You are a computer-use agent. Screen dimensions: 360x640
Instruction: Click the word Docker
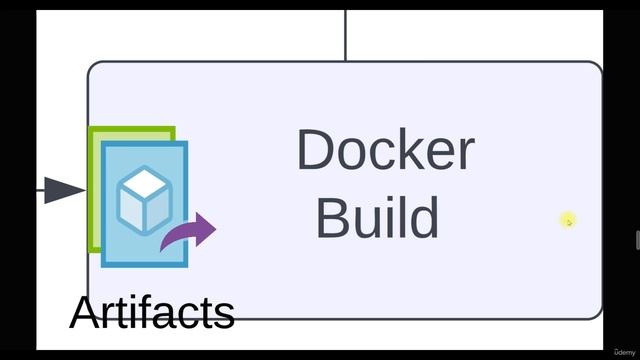coord(385,150)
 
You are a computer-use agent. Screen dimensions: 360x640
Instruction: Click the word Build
coord(377,217)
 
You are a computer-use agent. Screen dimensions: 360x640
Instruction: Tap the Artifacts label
coord(152,312)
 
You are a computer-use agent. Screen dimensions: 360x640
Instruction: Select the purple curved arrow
coord(189,233)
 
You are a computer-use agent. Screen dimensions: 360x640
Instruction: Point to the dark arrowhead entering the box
coord(64,189)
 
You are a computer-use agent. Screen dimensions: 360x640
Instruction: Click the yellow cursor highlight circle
coord(568,220)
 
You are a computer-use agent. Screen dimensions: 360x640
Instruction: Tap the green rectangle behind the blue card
coord(95,190)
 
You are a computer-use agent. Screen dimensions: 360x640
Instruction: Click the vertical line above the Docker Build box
coord(345,35)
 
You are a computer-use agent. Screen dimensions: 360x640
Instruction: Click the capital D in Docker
coord(315,150)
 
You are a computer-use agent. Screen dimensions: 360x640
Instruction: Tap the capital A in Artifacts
coord(86,312)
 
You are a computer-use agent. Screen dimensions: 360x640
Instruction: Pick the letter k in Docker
coord(412,150)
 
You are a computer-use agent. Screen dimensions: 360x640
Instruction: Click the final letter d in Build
coord(424,217)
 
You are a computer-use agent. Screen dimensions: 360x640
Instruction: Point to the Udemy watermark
coord(623,351)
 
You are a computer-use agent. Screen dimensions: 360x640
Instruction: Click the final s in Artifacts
coord(225,314)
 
